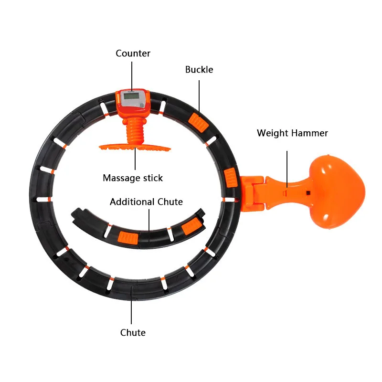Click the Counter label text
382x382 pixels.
pos(133,53)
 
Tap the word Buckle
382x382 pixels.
pos(199,70)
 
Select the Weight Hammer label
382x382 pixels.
pos(292,133)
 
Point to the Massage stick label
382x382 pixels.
pos(133,178)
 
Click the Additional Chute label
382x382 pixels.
pos(146,202)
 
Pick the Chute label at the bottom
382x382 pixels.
pos(133,332)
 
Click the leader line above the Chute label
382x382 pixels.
pos(132,308)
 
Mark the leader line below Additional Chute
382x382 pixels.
pos(149,221)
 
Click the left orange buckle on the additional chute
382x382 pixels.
pos(128,237)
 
